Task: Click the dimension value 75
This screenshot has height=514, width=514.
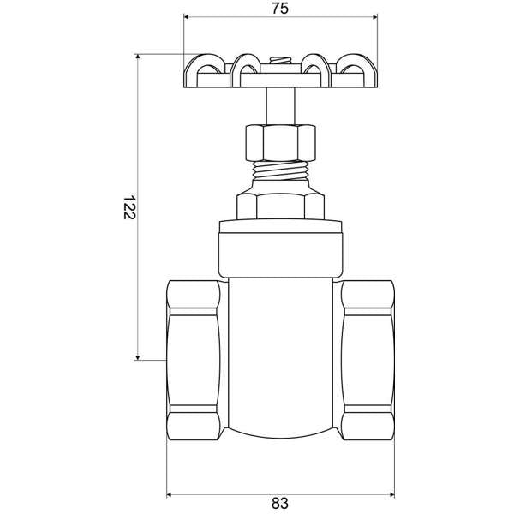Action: (x=279, y=9)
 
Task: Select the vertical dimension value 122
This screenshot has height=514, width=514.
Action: (x=128, y=207)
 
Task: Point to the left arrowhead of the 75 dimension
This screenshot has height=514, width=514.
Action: (x=188, y=17)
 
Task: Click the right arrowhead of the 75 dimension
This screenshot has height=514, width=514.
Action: (x=372, y=17)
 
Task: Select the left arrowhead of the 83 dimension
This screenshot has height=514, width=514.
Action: (x=170, y=494)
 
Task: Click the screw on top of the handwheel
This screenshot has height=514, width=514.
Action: (x=279, y=61)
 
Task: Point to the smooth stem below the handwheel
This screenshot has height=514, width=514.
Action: (x=279, y=107)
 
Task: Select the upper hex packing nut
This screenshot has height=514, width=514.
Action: (x=280, y=142)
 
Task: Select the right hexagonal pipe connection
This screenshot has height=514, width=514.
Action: (x=368, y=360)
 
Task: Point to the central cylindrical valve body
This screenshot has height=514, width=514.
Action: (x=280, y=360)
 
